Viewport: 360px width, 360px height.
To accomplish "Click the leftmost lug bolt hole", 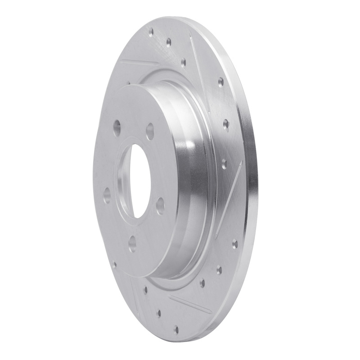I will tap(107, 195).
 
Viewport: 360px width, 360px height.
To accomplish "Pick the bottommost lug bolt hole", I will tap(132, 243).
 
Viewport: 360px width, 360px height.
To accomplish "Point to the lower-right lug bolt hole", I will tap(159, 206).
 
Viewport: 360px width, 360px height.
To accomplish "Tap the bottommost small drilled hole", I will tap(176, 329).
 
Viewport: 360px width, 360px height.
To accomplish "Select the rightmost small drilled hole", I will tap(234, 244).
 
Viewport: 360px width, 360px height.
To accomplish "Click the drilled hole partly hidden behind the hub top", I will tap(129, 84).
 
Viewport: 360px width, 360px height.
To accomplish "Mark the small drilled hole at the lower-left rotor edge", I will tap(114, 265).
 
